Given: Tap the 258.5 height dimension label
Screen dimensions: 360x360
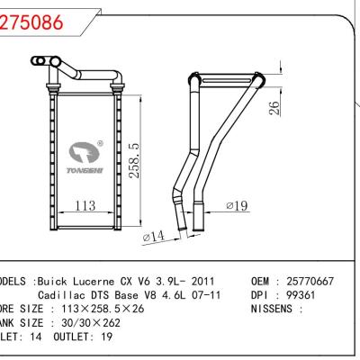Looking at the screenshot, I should (x=133, y=160).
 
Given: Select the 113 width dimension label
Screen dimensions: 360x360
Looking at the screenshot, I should (x=85, y=207).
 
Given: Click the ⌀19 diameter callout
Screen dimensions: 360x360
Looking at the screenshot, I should (x=237, y=206).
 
